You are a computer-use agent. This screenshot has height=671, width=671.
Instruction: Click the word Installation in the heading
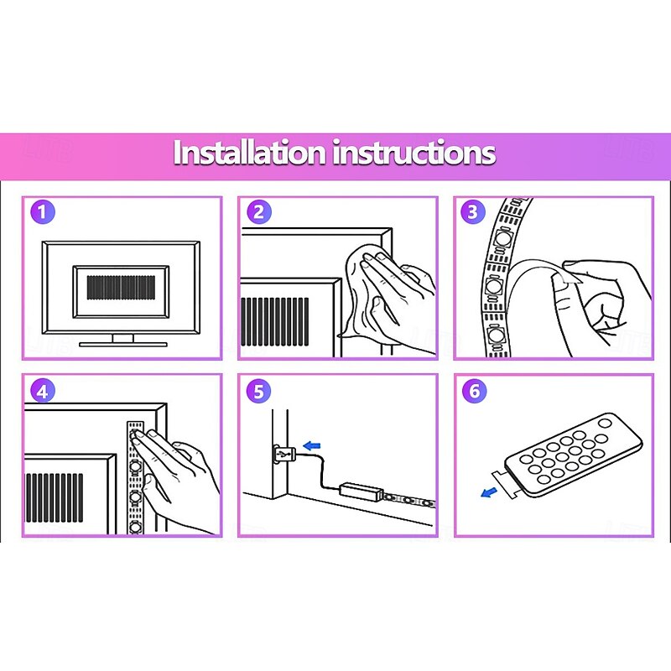(249, 153)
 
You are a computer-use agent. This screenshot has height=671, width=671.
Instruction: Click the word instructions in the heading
(414, 153)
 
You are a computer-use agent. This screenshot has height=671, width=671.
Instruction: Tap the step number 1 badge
(43, 211)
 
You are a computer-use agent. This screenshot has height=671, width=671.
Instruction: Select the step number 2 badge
(259, 211)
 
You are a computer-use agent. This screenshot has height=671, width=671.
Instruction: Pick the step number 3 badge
(473, 211)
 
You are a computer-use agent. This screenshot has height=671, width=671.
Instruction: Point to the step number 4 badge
(43, 391)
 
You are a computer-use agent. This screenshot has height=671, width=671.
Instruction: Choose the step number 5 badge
(259, 391)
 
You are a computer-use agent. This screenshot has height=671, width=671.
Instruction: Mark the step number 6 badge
(475, 391)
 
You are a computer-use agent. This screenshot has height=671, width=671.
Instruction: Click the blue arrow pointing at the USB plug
(311, 445)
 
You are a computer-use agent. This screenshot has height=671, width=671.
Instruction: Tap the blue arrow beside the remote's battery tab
(489, 493)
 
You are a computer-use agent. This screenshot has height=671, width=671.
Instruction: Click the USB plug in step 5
(284, 454)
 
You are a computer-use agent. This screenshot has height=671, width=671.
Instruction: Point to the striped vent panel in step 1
(121, 288)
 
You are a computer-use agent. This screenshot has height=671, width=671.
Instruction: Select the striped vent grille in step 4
(55, 497)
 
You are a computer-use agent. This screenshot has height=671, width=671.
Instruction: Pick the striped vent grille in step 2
(275, 321)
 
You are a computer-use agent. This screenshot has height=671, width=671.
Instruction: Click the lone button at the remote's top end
(605, 424)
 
